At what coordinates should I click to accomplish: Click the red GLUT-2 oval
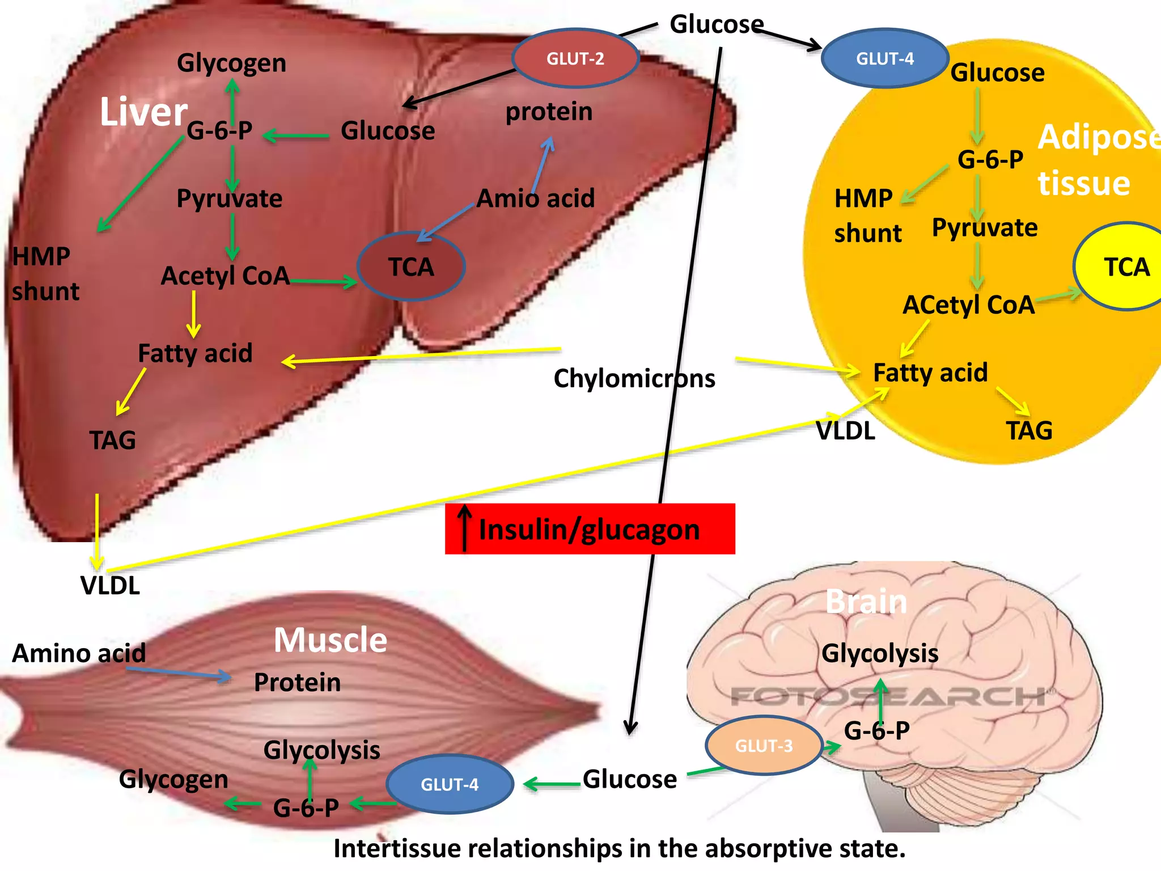575,58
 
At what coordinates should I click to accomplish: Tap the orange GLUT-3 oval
764,746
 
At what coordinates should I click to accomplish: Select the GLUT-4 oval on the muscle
450,784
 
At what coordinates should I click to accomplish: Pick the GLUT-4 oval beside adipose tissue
884,58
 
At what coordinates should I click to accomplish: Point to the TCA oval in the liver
411,267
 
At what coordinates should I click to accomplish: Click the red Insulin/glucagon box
590,529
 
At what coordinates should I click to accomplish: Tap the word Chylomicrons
634,378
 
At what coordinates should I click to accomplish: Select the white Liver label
143,112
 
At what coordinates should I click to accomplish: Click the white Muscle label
330,640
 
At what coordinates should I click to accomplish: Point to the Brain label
866,602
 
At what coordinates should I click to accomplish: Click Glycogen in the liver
231,63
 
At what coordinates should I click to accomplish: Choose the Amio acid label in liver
536,198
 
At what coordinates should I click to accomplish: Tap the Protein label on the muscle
297,682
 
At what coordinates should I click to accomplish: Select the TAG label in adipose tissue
1029,430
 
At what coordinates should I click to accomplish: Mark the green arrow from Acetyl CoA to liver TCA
323,281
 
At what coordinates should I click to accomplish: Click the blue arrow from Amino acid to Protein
179,673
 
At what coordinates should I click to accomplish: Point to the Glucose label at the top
717,24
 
